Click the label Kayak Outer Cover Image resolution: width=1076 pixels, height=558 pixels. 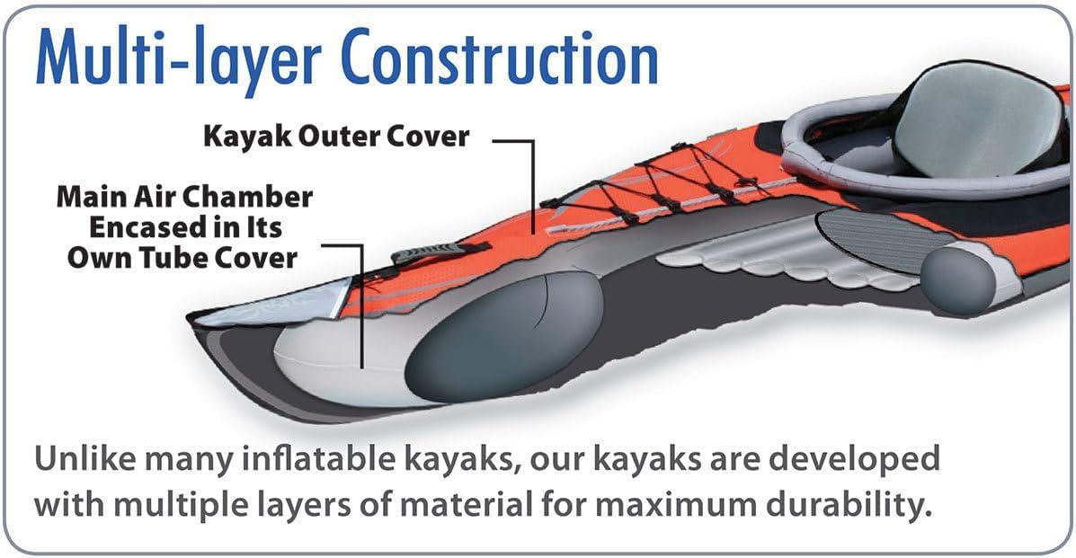336,137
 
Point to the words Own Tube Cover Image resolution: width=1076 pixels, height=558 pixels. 182,258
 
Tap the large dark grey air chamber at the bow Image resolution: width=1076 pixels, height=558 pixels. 504,335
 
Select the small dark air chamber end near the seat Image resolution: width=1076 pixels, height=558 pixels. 958,280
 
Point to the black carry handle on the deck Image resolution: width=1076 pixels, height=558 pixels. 440,252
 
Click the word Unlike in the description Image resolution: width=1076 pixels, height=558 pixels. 85,458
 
